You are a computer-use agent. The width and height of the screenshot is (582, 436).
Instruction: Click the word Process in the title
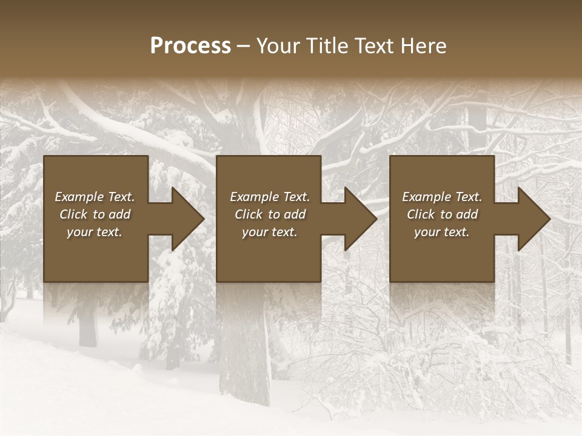190,46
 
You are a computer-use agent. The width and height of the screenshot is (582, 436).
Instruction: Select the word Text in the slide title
372,46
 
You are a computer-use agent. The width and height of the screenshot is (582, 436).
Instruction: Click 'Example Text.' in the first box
95,197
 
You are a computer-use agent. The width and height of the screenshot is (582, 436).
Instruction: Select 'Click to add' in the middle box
270,214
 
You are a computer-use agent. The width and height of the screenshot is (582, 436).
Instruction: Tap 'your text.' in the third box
441,232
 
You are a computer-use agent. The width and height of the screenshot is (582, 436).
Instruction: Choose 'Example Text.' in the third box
442,197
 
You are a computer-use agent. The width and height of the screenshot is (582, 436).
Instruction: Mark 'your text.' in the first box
95,232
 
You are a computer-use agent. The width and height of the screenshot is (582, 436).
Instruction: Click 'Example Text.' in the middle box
270,197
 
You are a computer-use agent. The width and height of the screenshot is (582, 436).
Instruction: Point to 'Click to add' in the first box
95,214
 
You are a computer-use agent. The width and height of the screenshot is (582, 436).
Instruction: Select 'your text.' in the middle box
269,232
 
